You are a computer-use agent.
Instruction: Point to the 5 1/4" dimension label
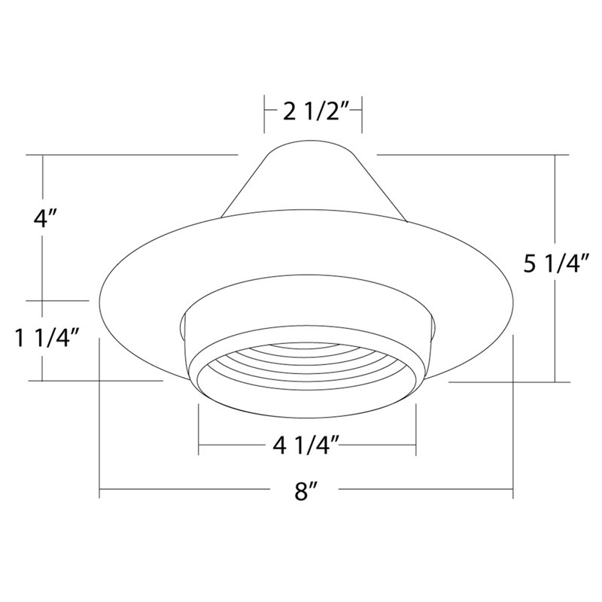tap(554, 264)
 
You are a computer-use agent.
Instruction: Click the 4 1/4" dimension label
tap(306, 445)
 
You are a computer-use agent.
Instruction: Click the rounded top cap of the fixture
tap(312, 145)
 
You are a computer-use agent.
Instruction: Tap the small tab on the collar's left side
tap(182, 327)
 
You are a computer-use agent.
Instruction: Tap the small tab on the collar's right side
tap(432, 327)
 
